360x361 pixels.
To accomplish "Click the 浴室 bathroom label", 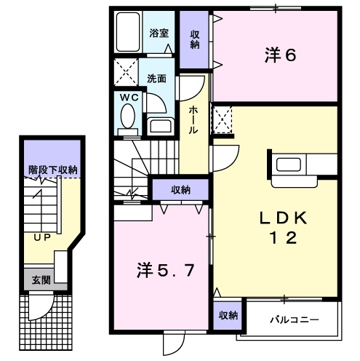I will click(159, 33).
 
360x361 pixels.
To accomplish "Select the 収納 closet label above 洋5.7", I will click(180, 189).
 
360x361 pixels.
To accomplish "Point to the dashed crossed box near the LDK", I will click(223, 119).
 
